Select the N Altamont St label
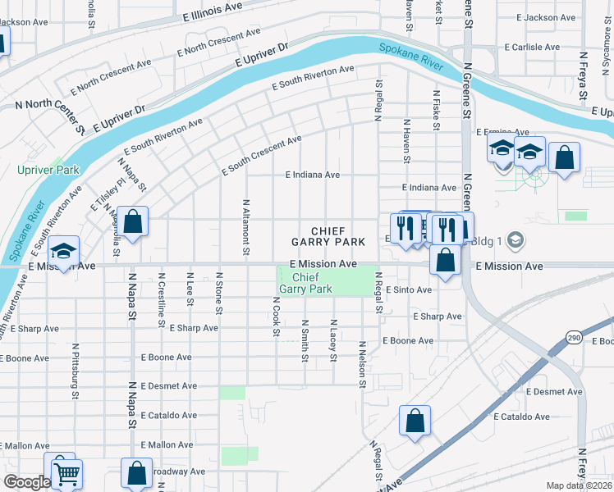(245, 226)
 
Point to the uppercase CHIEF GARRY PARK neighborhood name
(328, 237)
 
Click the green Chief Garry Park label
(305, 283)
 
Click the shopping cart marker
(66, 472)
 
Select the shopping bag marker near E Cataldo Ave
(415, 421)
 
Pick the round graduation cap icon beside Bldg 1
(515, 240)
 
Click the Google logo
(26, 482)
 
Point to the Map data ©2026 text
(580, 485)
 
